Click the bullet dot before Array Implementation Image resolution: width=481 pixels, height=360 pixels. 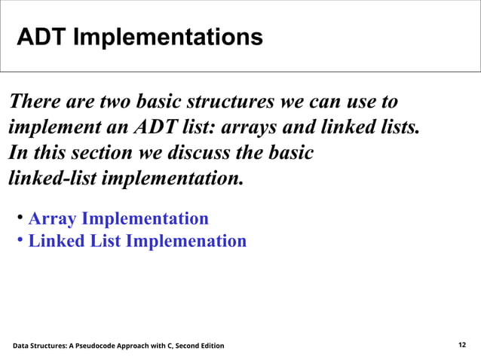20,218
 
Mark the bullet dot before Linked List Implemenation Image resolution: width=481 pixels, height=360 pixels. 20,241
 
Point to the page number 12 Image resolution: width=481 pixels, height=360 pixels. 462,345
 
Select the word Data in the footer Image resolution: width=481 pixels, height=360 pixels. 23,346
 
